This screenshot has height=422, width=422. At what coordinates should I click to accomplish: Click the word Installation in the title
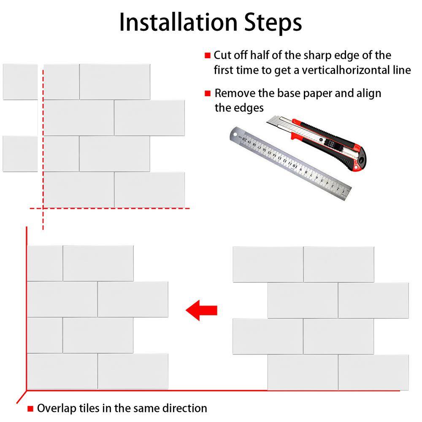tap(179, 22)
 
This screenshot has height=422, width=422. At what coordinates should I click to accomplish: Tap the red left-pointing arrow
tap(202, 310)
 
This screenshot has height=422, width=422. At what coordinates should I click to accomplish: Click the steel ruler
tap(290, 164)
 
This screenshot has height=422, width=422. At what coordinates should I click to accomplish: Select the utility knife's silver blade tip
tap(272, 120)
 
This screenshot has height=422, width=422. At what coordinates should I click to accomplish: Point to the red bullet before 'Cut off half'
tap(208, 55)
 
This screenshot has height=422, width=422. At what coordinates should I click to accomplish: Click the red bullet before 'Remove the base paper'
tap(208, 93)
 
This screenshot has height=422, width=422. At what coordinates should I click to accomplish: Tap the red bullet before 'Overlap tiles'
tap(30, 408)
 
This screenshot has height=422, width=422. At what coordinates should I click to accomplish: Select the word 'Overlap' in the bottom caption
tap(57, 408)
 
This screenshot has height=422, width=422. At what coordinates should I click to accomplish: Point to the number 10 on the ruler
tap(295, 165)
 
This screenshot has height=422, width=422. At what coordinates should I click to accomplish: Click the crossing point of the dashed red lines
tap(43, 208)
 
